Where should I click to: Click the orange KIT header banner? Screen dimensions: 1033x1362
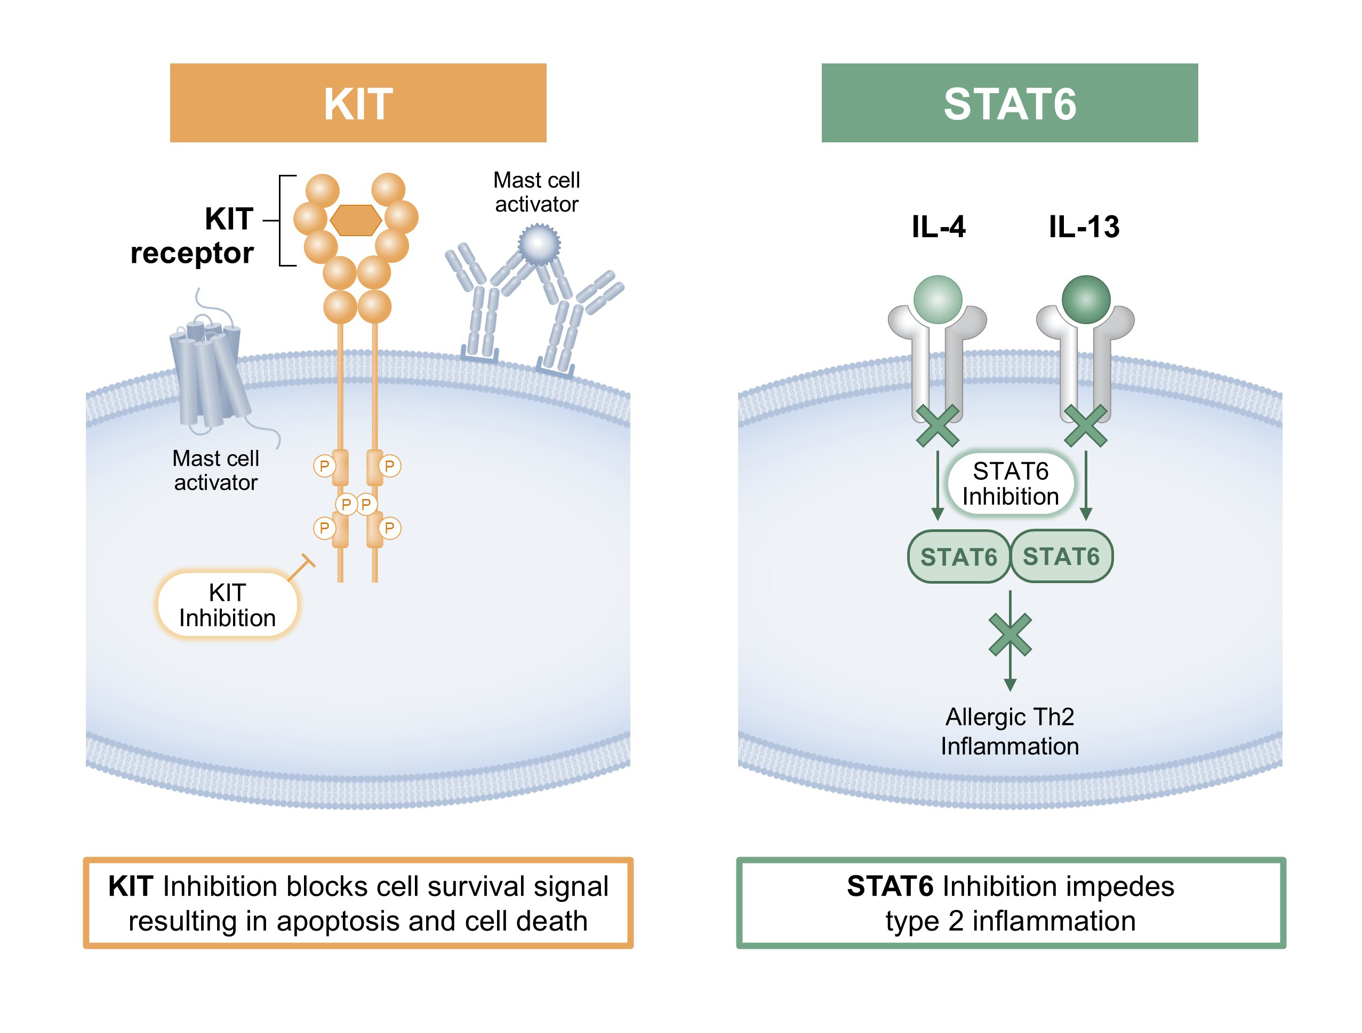[x=358, y=103]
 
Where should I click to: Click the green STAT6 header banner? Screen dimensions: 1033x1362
[x=1009, y=103]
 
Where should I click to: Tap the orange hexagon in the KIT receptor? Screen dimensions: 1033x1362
[x=356, y=220]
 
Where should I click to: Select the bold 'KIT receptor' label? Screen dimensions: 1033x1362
[x=193, y=236]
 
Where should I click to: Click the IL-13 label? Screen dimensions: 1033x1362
[x=1084, y=227]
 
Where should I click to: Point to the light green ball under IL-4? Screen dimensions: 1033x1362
[x=937, y=299]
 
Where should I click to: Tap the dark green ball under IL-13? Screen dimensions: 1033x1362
[x=1086, y=299]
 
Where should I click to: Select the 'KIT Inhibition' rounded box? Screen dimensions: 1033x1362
[x=227, y=604]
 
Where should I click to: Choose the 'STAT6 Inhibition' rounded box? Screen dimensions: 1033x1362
[x=1010, y=484]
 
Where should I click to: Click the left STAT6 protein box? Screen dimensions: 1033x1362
[x=958, y=556]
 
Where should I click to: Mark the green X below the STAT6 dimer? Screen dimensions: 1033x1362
[x=1010, y=634]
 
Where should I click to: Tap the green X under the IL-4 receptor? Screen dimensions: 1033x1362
[x=937, y=425]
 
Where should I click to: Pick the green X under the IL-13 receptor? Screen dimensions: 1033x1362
[x=1086, y=425]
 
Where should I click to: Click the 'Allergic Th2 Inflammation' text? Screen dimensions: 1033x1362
[x=1010, y=731]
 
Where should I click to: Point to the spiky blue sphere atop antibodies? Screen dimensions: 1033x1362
[x=539, y=244]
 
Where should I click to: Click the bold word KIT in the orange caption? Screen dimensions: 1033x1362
[x=131, y=886]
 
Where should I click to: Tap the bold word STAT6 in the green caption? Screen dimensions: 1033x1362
[x=890, y=886]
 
